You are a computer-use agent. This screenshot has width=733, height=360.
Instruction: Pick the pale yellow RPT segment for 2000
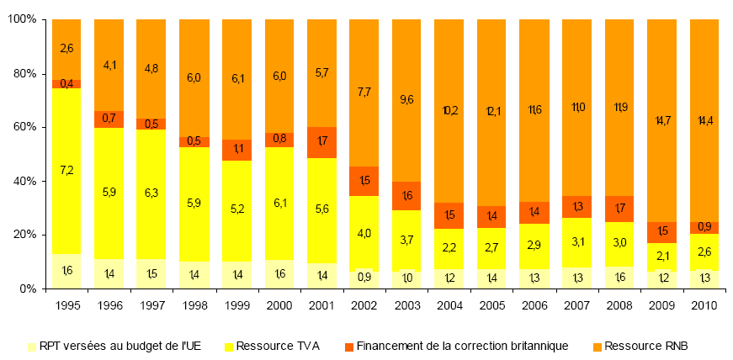coord(279,274)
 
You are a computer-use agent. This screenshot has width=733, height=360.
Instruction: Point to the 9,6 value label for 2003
coord(406,99)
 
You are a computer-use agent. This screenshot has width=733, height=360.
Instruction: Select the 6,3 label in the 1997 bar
coord(151,193)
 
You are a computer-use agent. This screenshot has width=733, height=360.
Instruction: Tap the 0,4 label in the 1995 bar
coord(66,83)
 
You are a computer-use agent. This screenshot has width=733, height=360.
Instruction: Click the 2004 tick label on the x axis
coord(449,306)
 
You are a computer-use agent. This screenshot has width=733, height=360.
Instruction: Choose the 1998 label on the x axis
coord(194,306)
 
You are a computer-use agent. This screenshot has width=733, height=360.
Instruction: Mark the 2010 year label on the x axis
coord(704,306)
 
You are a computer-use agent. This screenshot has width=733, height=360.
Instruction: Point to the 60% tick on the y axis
coord(26,128)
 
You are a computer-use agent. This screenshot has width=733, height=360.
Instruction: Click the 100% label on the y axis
coord(23,19)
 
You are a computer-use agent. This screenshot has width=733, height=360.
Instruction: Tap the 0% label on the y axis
coord(29,289)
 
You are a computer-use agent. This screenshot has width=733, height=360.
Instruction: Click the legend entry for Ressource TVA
coord(273,345)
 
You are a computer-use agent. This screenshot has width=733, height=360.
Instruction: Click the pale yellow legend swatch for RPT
coord(33,345)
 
